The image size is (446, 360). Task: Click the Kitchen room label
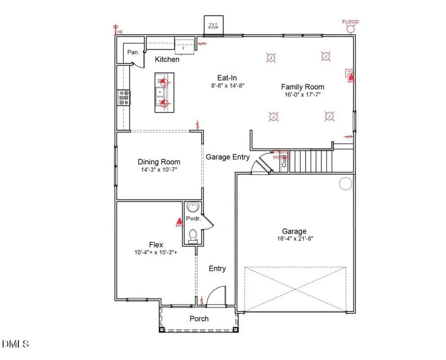[167, 60]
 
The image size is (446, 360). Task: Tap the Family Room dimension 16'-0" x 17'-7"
[304, 95]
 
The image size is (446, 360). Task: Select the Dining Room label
[159, 162]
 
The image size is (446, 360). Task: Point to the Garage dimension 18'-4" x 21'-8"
[294, 239]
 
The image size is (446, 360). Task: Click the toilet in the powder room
[193, 235]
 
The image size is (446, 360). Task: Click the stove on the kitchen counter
[123, 97]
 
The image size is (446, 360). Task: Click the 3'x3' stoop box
[214, 26]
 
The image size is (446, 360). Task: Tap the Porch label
[199, 318]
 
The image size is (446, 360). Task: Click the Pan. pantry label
[133, 52]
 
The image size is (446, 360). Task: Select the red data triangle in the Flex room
[179, 222]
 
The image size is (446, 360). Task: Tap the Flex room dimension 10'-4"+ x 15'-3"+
[156, 252]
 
